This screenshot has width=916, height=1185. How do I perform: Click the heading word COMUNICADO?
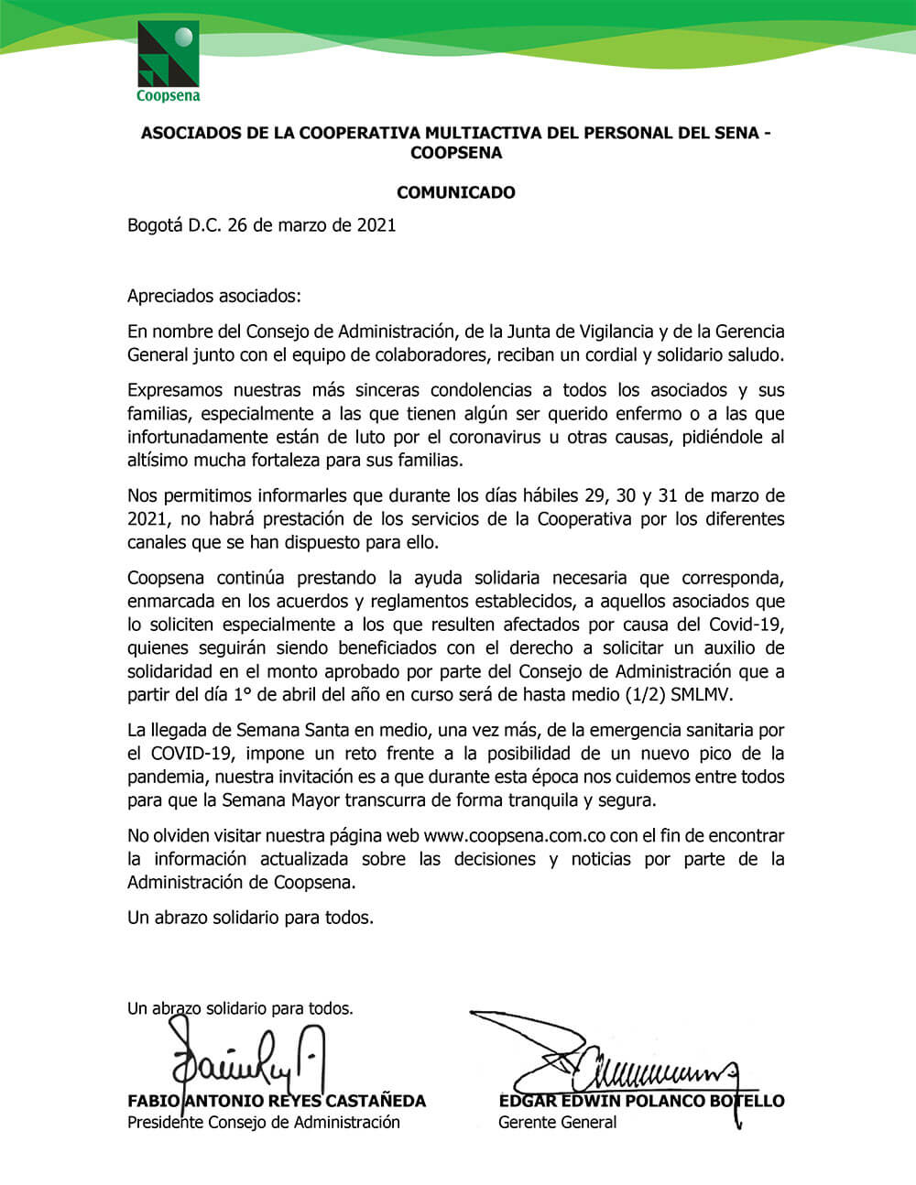click(455, 192)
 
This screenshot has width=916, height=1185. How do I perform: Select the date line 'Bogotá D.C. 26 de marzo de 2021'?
click(261, 225)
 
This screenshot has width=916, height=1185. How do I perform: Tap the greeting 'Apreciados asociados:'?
click(213, 296)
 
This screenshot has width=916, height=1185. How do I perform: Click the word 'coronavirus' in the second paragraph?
click(495, 437)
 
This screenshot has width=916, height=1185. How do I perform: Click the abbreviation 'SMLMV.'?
click(703, 694)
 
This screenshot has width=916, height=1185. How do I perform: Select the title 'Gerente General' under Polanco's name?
click(557, 1122)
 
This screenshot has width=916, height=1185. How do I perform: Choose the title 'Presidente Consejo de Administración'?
click(263, 1122)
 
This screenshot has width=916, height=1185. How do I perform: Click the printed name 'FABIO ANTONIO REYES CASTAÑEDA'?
click(276, 1101)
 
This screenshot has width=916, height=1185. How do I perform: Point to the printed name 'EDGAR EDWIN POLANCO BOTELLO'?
click(641, 1101)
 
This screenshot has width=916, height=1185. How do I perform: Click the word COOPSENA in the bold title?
click(455, 153)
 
